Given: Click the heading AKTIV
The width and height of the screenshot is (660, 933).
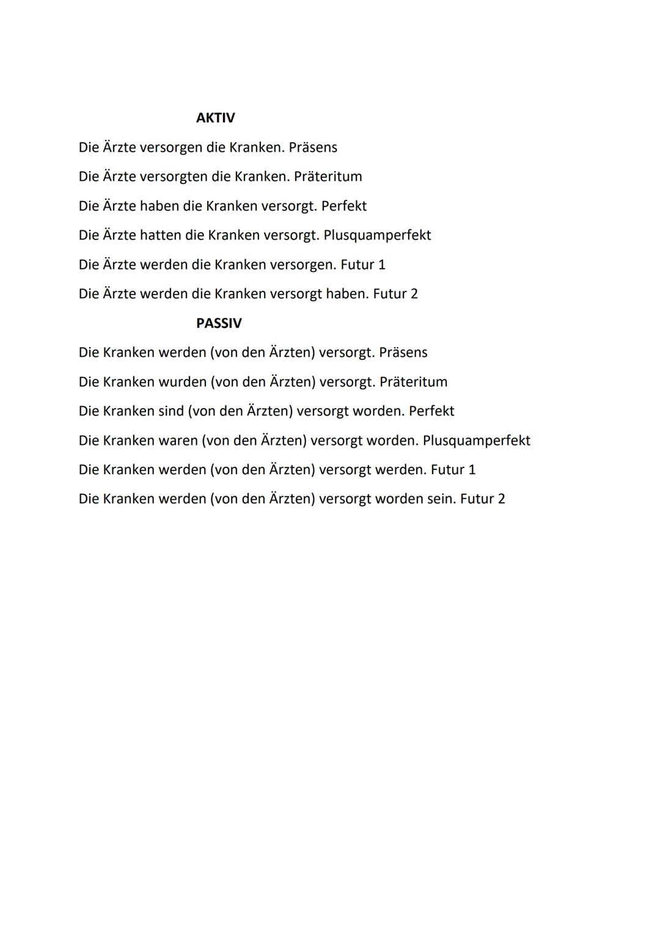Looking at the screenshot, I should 215,118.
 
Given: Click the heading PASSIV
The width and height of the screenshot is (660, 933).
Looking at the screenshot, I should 219,323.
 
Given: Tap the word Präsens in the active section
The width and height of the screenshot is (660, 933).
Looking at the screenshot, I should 313,148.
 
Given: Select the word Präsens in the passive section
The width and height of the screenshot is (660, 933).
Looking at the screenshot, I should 403,353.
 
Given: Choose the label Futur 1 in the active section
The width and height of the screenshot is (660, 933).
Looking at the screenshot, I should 363,265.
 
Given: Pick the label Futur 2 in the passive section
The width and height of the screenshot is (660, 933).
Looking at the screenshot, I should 483,499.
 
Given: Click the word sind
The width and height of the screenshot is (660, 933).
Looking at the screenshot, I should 171,411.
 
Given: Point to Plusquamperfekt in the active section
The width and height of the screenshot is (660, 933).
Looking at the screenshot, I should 377,235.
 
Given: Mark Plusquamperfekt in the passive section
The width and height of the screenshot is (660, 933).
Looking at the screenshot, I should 476,441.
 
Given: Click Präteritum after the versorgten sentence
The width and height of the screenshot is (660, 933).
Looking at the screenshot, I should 328,177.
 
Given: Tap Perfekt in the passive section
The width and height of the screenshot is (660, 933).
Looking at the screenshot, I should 431,411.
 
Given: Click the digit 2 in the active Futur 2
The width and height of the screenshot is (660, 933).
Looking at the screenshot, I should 414,294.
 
